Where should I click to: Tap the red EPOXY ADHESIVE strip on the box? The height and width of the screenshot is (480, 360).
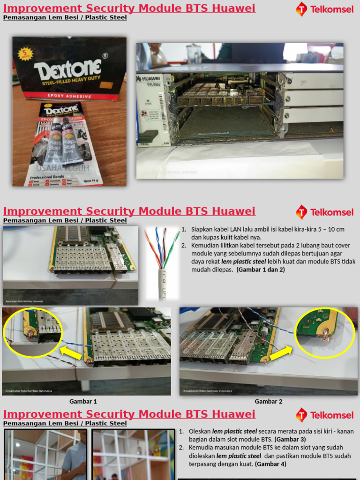pyautogui.click(x=69, y=96)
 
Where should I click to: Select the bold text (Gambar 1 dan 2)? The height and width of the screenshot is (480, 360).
pyautogui.click(x=261, y=270)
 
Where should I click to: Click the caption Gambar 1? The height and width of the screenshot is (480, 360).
pyautogui.click(x=83, y=401)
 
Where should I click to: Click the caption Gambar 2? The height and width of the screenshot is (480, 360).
pyautogui.click(x=269, y=401)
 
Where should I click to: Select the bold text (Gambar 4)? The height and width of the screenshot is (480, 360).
pyautogui.click(x=270, y=464)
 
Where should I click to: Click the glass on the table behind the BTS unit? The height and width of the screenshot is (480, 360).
pyautogui.click(x=193, y=53)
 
